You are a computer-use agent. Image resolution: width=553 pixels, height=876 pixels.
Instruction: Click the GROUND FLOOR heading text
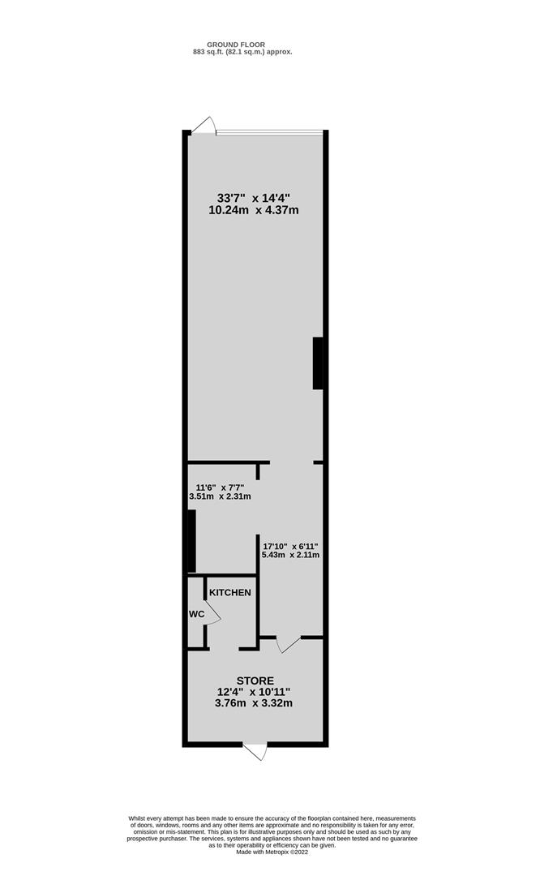[x=236, y=45]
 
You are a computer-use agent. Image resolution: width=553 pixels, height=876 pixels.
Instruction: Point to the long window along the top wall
[x=270, y=132]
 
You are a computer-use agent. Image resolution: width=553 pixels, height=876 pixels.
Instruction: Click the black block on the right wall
[x=318, y=363]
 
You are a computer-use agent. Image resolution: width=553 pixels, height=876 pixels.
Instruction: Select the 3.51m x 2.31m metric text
[x=220, y=496]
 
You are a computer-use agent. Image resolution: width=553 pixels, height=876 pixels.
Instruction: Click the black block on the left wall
[x=191, y=541]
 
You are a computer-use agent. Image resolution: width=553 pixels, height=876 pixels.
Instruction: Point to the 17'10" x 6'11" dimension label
[x=290, y=546]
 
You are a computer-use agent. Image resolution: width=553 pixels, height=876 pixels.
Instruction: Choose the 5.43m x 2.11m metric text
[x=290, y=555]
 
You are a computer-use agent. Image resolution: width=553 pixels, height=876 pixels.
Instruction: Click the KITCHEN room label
[x=230, y=592]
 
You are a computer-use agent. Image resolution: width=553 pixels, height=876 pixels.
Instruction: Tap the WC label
[x=196, y=614]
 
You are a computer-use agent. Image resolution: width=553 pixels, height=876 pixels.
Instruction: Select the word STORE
[x=255, y=681]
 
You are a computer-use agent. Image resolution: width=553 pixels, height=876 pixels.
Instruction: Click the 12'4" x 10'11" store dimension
[x=254, y=692]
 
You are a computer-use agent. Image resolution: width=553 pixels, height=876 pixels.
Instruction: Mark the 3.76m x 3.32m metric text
[x=254, y=703]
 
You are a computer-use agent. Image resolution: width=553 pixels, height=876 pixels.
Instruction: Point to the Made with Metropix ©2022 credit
[x=272, y=852]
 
